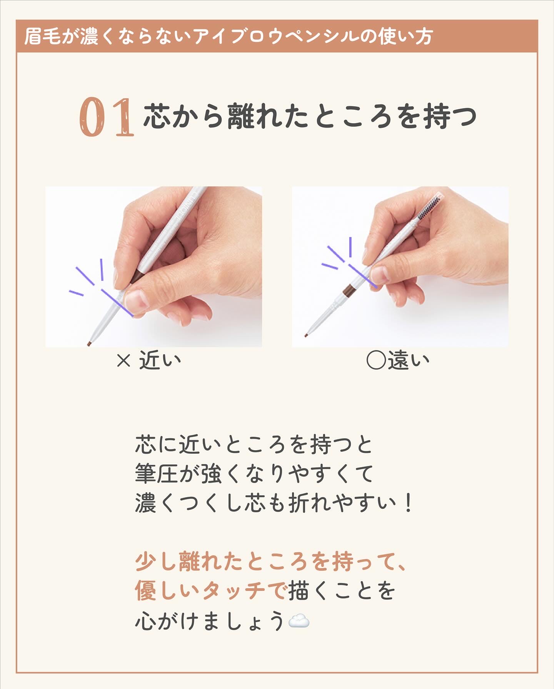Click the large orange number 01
[x=107, y=117]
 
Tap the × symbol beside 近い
[x=124, y=361]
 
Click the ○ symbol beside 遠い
[x=376, y=360]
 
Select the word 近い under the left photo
[x=160, y=360]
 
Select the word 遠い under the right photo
[x=408, y=360]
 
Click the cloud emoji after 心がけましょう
[x=299, y=621]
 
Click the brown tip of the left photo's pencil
[x=89, y=343]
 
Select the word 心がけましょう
[x=210, y=621]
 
